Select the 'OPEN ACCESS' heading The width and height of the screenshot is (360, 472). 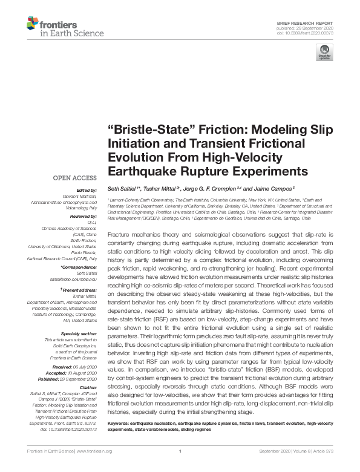pos(75,178)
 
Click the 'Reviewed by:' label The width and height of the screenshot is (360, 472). pos(82,216)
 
